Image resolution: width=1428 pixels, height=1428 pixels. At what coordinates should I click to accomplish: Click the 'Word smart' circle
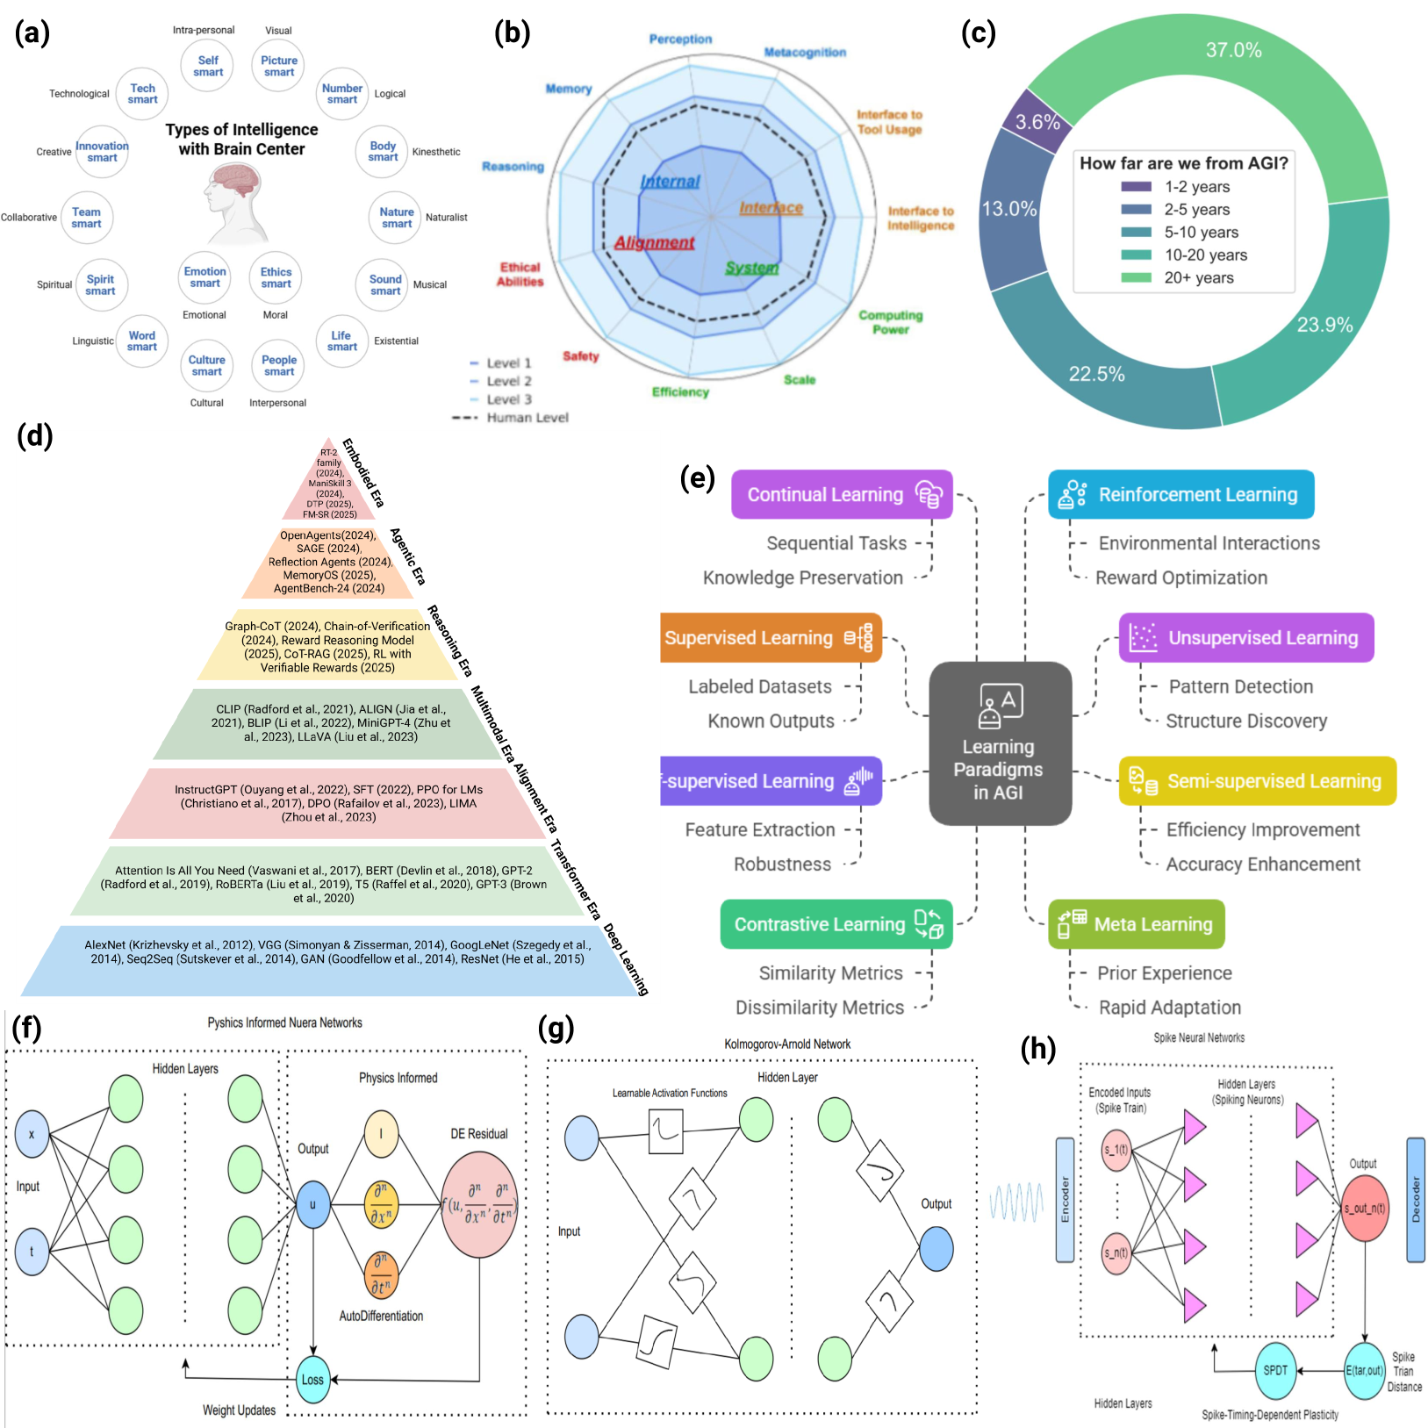point(141,341)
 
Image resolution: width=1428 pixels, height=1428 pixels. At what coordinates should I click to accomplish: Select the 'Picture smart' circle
point(278,67)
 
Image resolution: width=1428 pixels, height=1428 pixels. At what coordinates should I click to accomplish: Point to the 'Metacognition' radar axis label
point(805,53)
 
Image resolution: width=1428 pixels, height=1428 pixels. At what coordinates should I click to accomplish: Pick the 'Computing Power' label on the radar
point(890,322)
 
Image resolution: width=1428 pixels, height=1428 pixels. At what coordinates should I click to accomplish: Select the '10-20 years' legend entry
point(1205,255)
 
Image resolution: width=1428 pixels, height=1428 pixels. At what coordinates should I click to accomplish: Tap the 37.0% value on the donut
point(1233,50)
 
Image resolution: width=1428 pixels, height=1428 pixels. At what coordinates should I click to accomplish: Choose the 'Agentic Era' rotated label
point(408,556)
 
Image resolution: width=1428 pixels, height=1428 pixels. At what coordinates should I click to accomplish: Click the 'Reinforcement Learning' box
point(1180,495)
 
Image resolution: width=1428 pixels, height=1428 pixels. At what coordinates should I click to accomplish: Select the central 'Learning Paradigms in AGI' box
point(1000,743)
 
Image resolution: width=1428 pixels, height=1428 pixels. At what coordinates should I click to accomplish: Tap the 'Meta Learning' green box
point(1136,924)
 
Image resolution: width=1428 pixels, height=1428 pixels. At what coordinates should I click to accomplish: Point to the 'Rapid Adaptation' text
point(1170,1008)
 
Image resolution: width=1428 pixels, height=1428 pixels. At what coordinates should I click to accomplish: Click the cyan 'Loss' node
point(312,1380)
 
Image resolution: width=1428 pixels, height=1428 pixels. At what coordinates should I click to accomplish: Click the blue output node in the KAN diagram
point(936,1249)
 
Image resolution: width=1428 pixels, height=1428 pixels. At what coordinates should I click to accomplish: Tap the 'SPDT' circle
point(1274,1371)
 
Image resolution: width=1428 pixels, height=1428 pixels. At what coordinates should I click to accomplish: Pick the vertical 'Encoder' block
point(1065,1200)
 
